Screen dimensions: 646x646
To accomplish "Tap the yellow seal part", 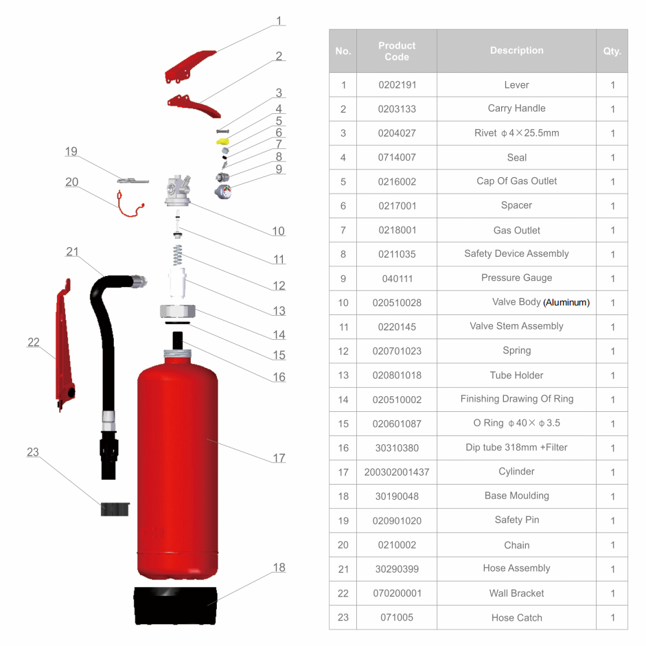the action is point(223,141).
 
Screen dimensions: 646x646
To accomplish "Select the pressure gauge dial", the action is point(224,192).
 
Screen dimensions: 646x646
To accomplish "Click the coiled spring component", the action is point(178,255).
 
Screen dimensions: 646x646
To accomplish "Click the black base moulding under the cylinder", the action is point(176,605).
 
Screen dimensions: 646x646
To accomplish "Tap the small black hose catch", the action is point(115,509).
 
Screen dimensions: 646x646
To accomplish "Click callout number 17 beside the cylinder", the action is point(279,458).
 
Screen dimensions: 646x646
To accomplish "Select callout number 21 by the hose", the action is point(72,251).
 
